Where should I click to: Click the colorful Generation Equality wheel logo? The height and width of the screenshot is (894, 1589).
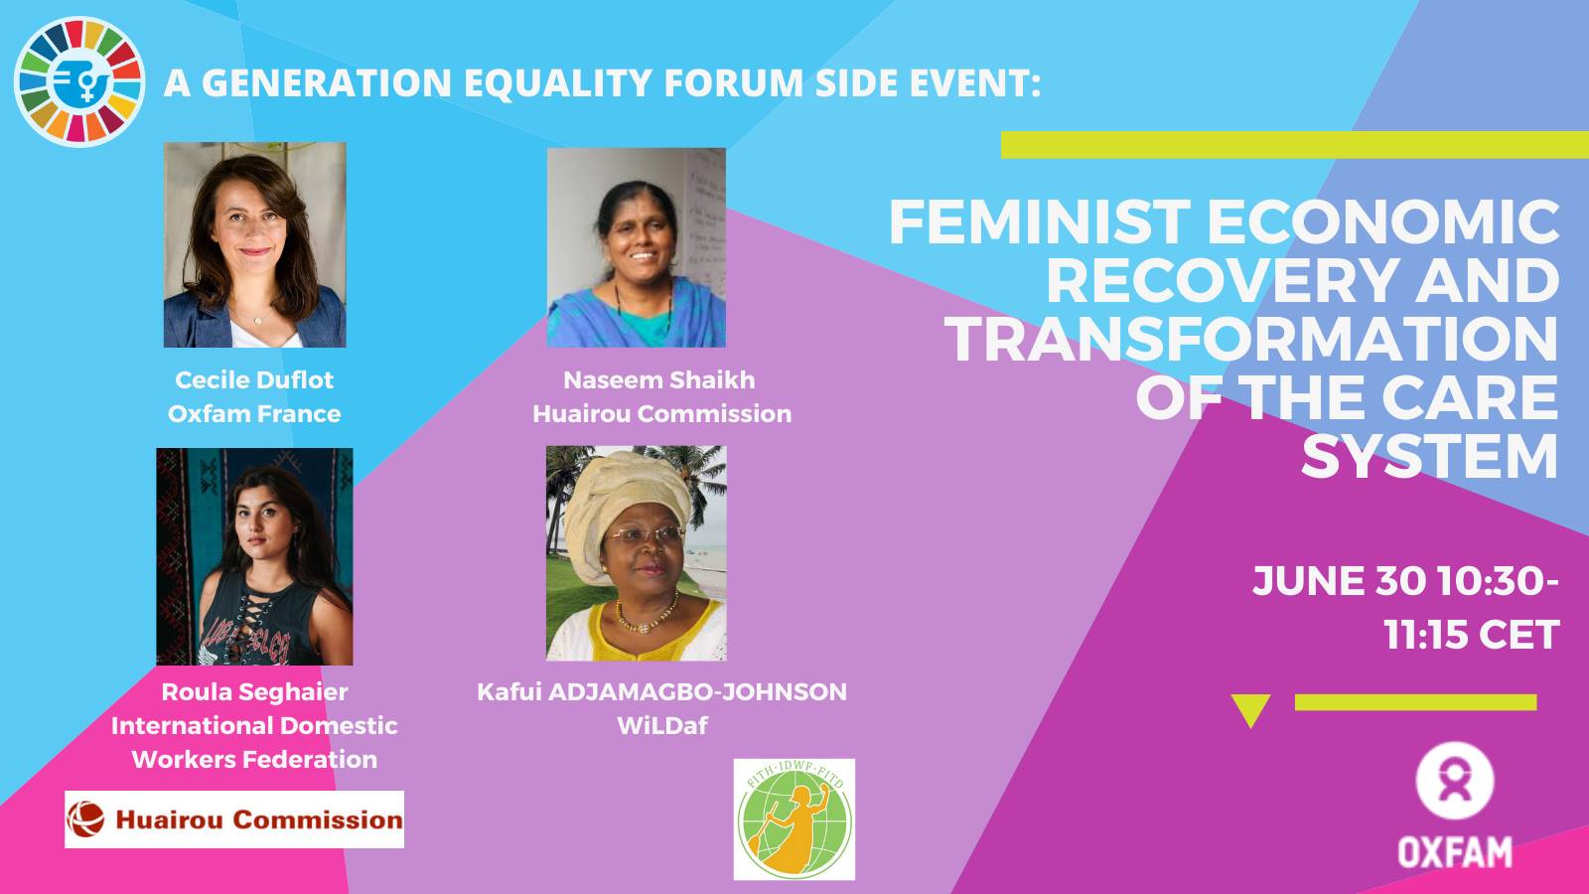tap(79, 81)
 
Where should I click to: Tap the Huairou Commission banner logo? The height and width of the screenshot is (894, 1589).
tap(234, 819)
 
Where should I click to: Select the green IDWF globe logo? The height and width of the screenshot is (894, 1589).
tap(794, 819)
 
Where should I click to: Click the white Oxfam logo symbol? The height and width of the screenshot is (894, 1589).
tap(1455, 781)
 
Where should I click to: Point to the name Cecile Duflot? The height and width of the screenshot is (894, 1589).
tap(254, 379)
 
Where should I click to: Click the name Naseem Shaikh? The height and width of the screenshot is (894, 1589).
tap(659, 379)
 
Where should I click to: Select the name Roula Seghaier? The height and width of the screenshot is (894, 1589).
tap(254, 691)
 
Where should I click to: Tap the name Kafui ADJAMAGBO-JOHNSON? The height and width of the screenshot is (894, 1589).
tap(661, 691)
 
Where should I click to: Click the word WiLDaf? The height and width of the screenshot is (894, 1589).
tap(661, 726)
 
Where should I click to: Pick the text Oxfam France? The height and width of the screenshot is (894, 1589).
tap(254, 413)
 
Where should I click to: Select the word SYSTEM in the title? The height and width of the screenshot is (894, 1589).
tap(1430, 456)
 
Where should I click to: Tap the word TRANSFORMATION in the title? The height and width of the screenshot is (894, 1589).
tap(1252, 339)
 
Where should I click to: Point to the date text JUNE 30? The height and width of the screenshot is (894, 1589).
tap(1340, 580)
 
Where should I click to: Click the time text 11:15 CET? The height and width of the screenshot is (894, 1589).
tap(1472, 635)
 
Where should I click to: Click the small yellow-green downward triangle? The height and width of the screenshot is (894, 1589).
tap(1250, 708)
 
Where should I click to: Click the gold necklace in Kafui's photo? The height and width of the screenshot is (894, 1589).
tap(645, 619)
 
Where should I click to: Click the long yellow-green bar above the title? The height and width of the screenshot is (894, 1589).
tap(1295, 145)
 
